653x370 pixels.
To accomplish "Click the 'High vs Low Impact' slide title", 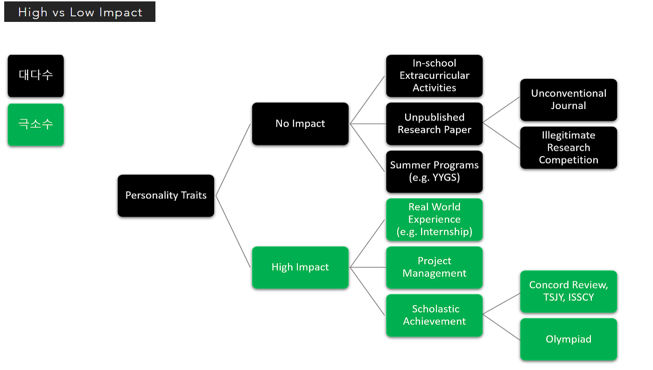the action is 80,12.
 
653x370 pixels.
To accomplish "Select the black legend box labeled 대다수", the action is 35,75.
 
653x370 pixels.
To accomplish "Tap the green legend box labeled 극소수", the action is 35,124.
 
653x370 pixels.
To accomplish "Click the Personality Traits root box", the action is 166,196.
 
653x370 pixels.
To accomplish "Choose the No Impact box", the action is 300,123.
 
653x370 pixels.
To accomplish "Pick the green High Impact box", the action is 300,267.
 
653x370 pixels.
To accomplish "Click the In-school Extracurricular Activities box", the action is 435,75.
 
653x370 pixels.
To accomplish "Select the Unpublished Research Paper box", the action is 435,123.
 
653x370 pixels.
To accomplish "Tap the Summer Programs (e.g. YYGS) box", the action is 435,171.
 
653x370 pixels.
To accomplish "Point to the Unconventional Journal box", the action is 569,100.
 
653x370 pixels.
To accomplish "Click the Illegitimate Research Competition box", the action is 569,148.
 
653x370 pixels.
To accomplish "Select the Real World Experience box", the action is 435,219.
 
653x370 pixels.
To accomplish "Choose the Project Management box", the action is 435,267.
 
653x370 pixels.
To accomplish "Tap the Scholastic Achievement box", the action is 435,315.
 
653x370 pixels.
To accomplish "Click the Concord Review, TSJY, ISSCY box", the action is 569,291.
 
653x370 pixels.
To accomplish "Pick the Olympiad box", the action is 569,339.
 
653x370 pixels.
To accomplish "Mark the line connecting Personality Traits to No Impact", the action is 233,160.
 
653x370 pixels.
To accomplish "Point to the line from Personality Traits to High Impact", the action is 233,232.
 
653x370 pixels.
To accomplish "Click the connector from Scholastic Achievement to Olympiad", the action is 501,327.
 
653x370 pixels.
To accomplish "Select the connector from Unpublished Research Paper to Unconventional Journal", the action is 501,110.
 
